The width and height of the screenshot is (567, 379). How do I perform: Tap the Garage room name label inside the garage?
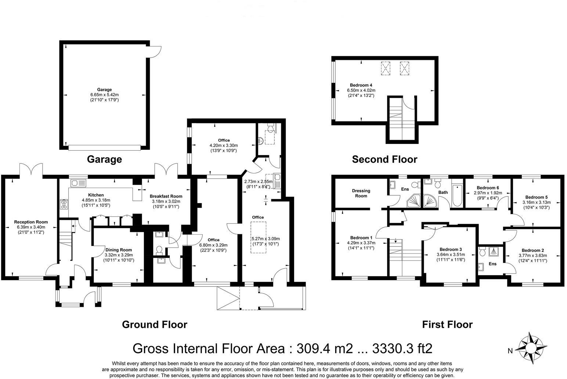pos(104,89)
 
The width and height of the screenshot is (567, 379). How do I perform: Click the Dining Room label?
pos(118,250)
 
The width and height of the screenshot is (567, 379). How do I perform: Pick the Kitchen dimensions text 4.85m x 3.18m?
pos(96,200)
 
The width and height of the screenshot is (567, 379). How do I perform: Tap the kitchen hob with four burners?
pos(64,204)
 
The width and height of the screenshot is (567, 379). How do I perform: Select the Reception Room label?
pos(31,222)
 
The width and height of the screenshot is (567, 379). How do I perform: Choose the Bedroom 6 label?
pos(488,187)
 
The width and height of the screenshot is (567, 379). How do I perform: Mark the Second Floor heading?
pos(384,159)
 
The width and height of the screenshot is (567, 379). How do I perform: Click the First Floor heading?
pos(447,325)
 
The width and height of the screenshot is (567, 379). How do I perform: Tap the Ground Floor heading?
pos(154,325)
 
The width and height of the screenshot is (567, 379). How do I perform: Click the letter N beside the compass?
pos(510,351)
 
